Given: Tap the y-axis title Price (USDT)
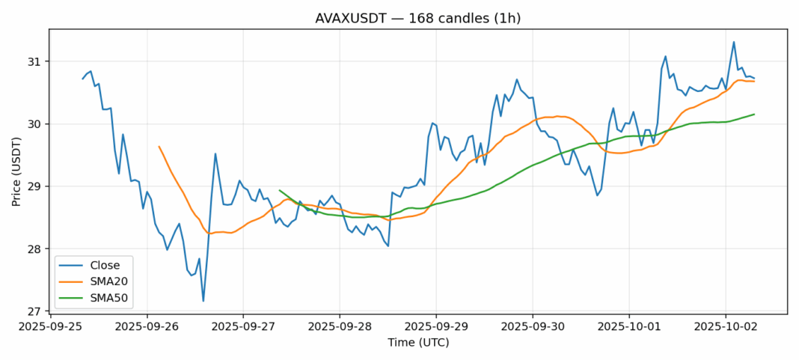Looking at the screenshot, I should [16, 171].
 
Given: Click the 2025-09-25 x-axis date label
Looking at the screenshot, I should [50, 326].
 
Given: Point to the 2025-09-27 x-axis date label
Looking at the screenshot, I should [243, 326].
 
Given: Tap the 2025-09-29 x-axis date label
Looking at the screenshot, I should [436, 326].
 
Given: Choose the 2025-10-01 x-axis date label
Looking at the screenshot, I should [628, 326].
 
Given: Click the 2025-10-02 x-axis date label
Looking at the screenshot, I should [725, 326].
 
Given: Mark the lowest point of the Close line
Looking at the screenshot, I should [203, 301].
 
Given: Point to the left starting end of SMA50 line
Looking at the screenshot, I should [280, 190].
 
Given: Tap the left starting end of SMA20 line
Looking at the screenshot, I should [159, 147].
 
